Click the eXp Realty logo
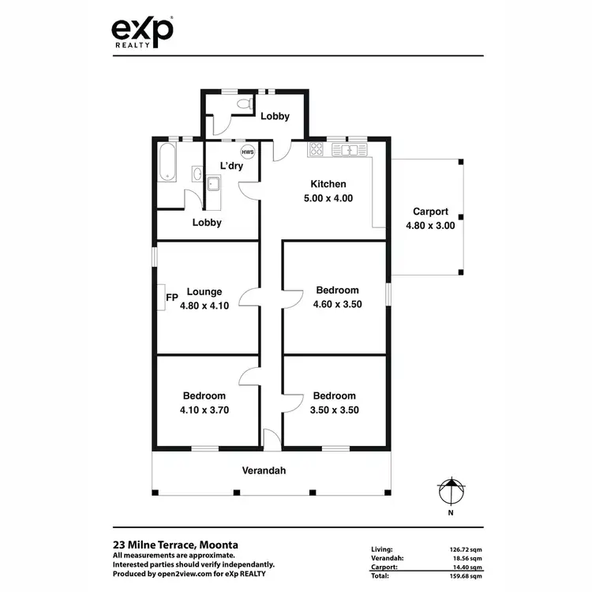tap(141, 33)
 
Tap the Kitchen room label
tap(328, 184)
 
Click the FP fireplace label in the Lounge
tap(171, 298)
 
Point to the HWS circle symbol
tap(247, 152)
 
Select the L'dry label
tap(231, 166)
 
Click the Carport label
tap(430, 212)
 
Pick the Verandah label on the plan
tap(264, 470)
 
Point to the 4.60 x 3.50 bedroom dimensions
tap(337, 304)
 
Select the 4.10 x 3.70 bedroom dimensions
tap(204, 410)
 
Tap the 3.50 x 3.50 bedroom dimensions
tap(334, 410)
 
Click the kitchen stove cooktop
tap(317, 148)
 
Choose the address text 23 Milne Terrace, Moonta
tap(175, 545)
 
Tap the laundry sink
tap(213, 185)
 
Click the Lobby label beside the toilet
tap(275, 116)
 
